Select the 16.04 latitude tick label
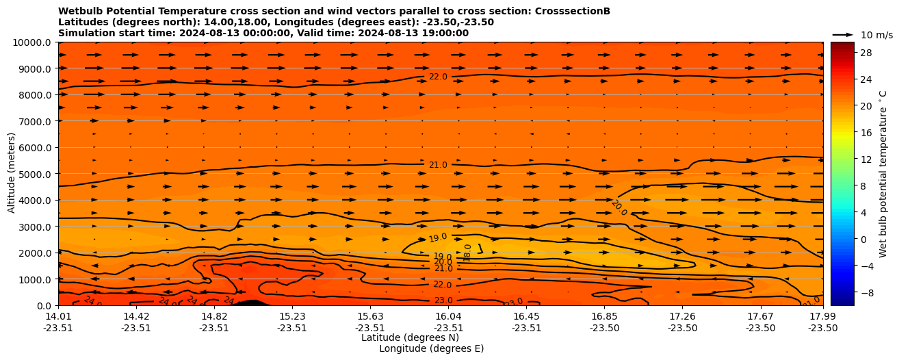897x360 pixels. tap(448, 316)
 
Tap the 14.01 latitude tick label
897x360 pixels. tap(58, 316)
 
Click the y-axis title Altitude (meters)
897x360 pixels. tap(12, 174)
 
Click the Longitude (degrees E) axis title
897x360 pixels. tap(431, 348)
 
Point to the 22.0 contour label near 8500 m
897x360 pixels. tap(438, 77)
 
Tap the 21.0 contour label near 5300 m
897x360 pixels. tap(438, 165)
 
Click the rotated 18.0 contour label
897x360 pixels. tap(468, 253)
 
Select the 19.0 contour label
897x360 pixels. tap(438, 238)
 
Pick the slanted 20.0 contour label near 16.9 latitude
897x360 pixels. tap(619, 208)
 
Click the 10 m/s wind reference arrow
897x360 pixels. tap(843, 34)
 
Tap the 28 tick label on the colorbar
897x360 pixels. tap(846, 52)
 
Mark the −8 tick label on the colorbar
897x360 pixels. tap(846, 292)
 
